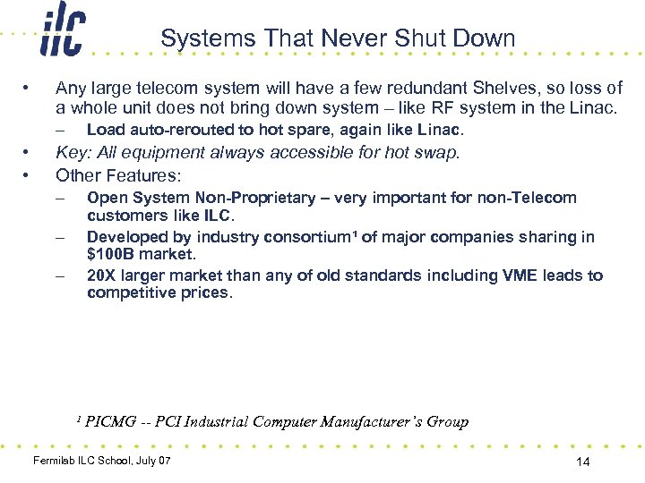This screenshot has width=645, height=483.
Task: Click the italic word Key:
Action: click(x=73, y=152)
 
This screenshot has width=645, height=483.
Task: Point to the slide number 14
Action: click(x=583, y=462)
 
